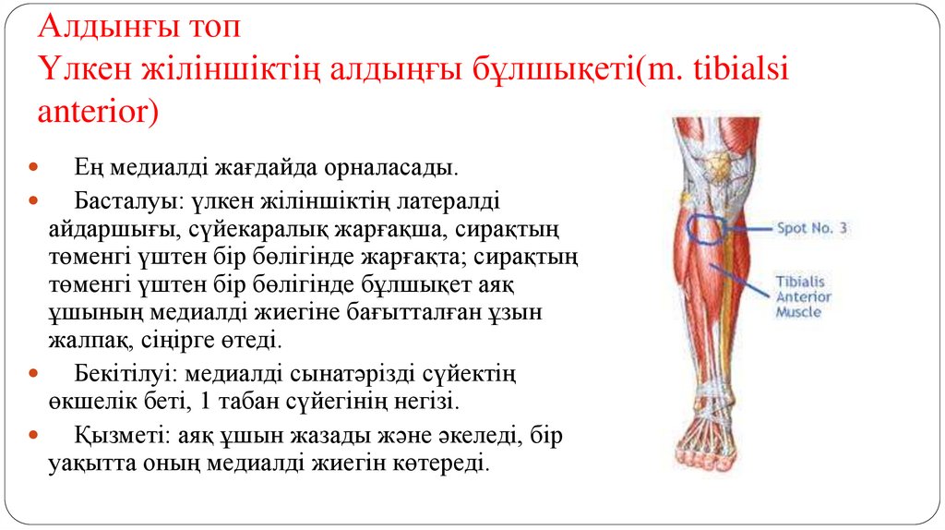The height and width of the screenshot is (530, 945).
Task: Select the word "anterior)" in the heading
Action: [98, 113]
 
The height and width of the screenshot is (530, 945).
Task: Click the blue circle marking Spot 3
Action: [708, 227]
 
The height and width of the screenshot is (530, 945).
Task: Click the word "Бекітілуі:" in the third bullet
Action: [123, 375]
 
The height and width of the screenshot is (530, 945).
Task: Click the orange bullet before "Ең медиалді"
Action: [34, 170]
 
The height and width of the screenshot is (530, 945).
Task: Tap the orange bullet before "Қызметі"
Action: [34, 434]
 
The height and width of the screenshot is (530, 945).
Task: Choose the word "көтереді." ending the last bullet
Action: [437, 464]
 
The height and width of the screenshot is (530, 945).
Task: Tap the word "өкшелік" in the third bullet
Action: [88, 404]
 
